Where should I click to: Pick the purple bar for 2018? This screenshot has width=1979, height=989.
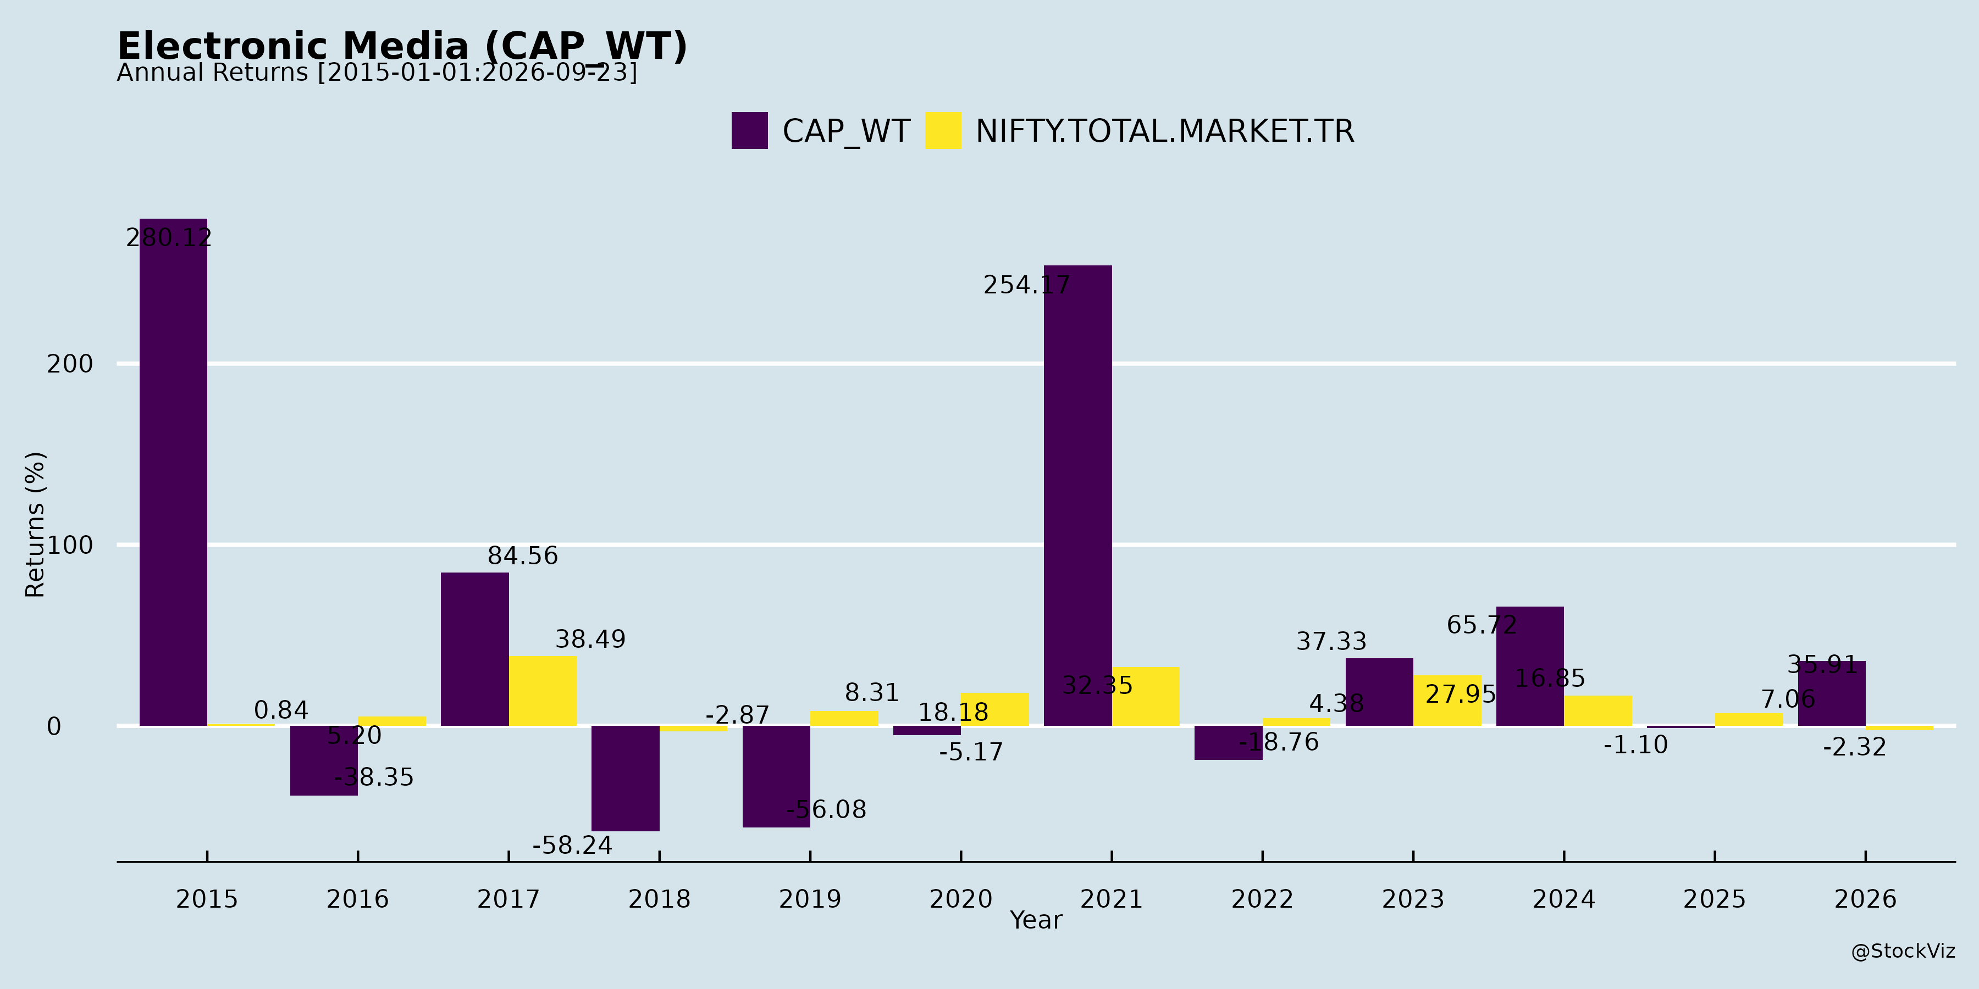click(x=626, y=779)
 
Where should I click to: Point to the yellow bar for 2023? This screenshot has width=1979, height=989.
click(x=1447, y=701)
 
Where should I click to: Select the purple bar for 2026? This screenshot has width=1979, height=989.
click(x=1832, y=693)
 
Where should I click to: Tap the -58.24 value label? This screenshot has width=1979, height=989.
click(x=572, y=846)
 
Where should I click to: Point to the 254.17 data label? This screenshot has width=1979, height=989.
click(x=1026, y=285)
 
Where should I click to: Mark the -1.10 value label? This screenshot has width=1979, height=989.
click(x=1635, y=745)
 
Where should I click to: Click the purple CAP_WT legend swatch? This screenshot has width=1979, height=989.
click(x=749, y=131)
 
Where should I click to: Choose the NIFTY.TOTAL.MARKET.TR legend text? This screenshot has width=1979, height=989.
click(x=1165, y=131)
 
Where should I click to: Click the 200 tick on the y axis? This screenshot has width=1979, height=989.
click(x=70, y=364)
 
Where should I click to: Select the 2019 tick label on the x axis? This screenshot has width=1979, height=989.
click(x=810, y=899)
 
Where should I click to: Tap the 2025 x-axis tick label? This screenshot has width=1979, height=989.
click(x=1714, y=899)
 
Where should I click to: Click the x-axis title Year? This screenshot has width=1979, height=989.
click(x=1036, y=920)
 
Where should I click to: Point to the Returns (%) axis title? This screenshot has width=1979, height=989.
click(x=35, y=525)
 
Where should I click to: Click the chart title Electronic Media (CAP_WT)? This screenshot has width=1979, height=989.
click(x=402, y=46)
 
